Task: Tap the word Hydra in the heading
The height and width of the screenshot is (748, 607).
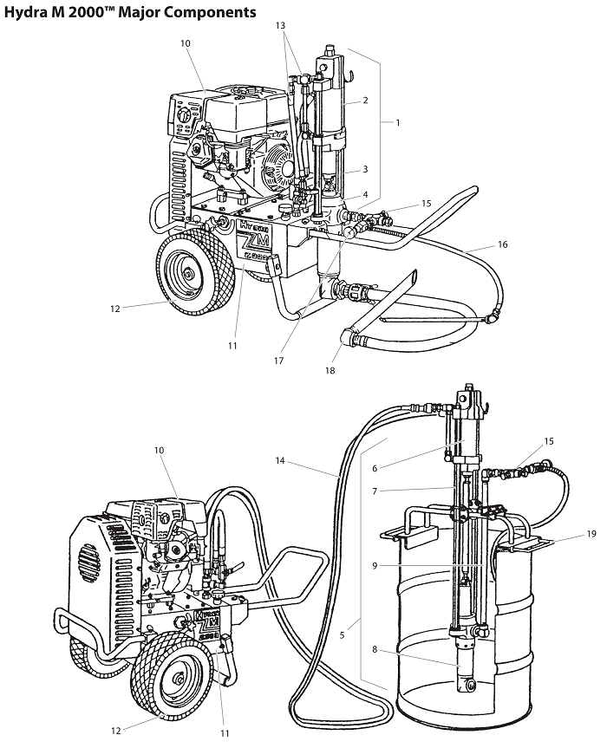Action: click(x=23, y=12)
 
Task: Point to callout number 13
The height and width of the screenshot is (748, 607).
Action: click(x=280, y=26)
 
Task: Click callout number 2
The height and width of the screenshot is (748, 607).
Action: click(x=365, y=101)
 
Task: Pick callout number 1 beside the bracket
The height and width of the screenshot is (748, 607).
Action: click(x=397, y=122)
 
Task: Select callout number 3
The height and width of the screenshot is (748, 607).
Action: click(x=365, y=169)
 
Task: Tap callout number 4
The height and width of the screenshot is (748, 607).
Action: click(x=365, y=194)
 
